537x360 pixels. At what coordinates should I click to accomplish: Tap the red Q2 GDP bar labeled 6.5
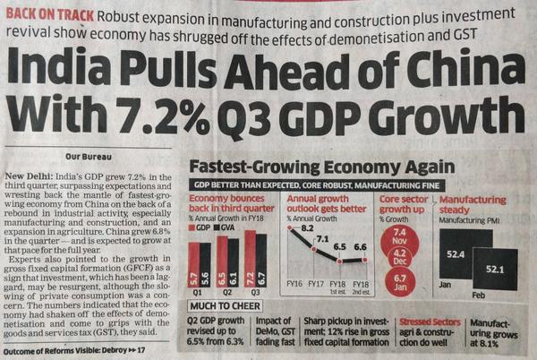click(x=221, y=261)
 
